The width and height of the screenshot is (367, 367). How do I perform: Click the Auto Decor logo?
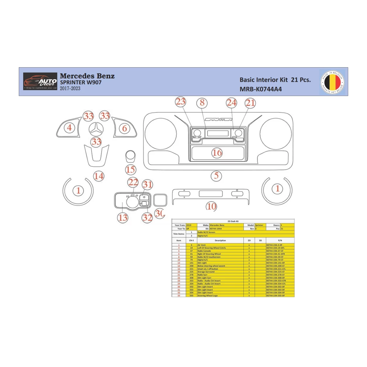(x=40, y=81)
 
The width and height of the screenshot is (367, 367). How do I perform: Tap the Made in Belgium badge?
(x=332, y=82)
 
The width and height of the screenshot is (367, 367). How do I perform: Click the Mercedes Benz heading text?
(x=87, y=76)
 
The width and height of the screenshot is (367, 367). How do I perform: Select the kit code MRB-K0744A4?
(x=260, y=89)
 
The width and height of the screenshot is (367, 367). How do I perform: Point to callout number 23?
(x=181, y=102)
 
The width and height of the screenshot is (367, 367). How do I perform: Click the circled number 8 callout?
(x=202, y=103)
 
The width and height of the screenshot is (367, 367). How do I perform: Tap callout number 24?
(x=231, y=103)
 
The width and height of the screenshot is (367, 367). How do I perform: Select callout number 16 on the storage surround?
(x=217, y=153)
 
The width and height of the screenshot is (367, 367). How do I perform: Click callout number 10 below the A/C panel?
(x=211, y=206)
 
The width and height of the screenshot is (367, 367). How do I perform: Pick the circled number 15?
(x=130, y=169)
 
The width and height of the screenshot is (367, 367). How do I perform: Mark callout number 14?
(x=99, y=176)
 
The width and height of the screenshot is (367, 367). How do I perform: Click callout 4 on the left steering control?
(x=69, y=128)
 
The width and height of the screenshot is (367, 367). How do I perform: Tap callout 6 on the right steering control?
(x=125, y=128)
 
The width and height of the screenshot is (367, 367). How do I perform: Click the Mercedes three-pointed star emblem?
(x=96, y=129)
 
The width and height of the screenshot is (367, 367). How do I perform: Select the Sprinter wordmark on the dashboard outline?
(x=218, y=119)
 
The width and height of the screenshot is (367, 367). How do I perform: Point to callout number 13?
(x=123, y=218)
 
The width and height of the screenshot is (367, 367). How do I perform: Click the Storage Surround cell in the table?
(x=206, y=272)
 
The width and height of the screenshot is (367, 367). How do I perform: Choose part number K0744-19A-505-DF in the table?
(x=275, y=296)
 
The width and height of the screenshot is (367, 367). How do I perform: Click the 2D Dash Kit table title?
(x=233, y=221)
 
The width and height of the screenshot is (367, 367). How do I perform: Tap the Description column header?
(x=220, y=240)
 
